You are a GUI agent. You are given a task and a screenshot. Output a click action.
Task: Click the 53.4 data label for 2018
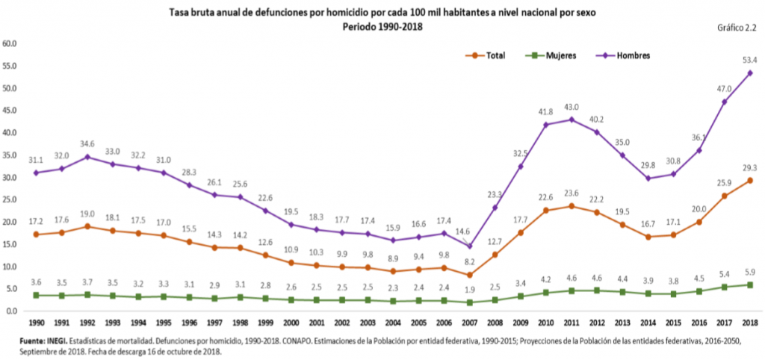click(749, 60)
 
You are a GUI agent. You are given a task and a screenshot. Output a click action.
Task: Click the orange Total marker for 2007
click(469, 275)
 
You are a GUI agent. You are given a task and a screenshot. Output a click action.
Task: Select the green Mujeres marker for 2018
click(749, 285)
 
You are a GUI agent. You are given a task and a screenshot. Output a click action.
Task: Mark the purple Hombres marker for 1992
click(87, 157)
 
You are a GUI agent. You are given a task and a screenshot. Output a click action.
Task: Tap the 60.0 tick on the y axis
click(10, 43)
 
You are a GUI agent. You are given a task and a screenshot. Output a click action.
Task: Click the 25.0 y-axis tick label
click(10, 200)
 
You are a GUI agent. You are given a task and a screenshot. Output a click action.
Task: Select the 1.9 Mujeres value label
click(469, 290)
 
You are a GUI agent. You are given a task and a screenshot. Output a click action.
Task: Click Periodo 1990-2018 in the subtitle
click(382, 26)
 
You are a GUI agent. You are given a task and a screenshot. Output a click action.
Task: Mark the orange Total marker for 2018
click(749, 181)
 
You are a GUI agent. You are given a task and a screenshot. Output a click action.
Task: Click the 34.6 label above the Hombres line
click(87, 142)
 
